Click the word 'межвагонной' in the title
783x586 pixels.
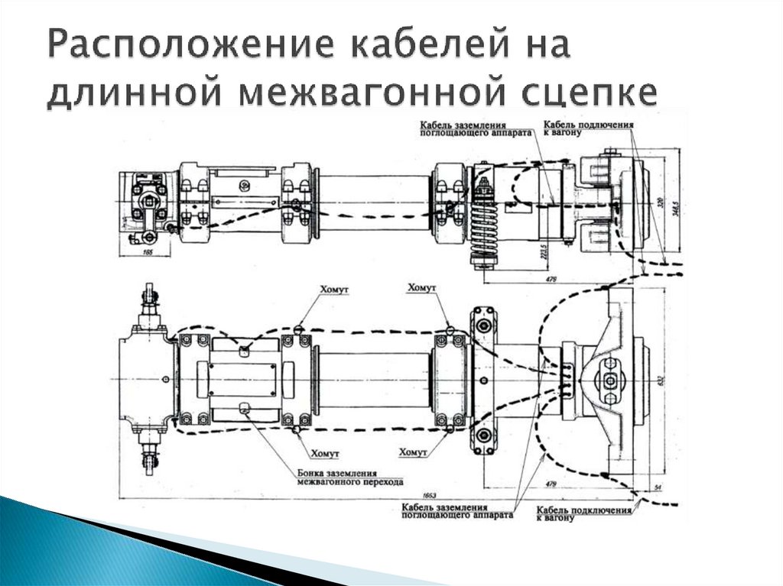[x=367, y=92]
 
